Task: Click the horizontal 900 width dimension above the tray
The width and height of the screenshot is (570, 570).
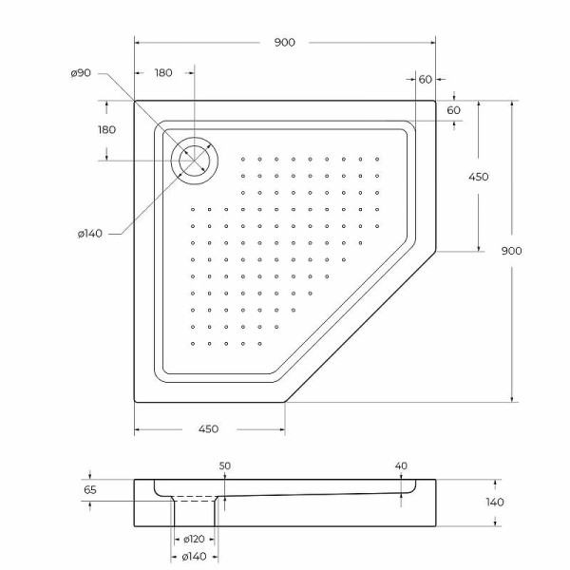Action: click(285, 42)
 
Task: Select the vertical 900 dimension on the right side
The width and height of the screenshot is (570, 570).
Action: click(511, 251)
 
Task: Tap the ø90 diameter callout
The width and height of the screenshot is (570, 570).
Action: click(81, 74)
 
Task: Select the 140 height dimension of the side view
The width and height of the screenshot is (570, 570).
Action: click(494, 502)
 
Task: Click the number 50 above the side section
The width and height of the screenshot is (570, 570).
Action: click(225, 465)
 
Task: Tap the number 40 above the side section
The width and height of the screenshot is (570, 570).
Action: click(401, 465)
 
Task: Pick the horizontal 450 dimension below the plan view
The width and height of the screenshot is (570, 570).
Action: click(209, 429)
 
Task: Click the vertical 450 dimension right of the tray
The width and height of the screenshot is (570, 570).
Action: click(478, 177)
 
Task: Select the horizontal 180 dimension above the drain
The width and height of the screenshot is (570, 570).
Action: click(163, 73)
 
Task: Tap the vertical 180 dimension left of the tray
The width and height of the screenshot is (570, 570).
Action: click(106, 129)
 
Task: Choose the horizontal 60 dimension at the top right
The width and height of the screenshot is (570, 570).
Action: click(425, 79)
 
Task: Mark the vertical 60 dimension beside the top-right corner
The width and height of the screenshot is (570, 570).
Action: click(453, 110)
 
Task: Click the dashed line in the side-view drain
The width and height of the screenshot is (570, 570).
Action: click(197, 498)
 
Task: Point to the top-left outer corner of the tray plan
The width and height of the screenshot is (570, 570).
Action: click(135, 101)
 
